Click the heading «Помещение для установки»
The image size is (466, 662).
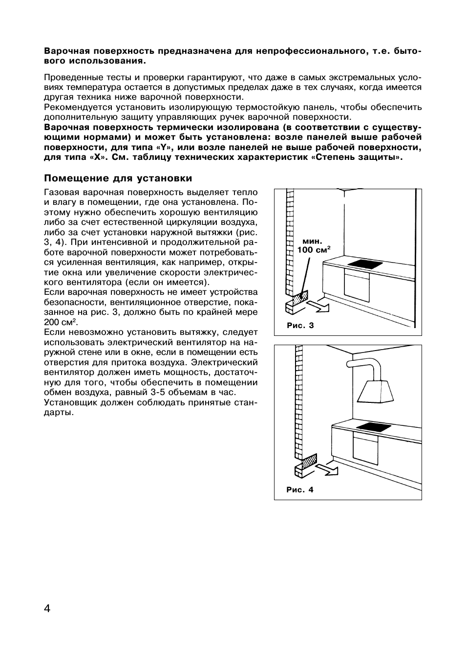coord(118,178)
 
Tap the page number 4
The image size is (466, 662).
coord(47,609)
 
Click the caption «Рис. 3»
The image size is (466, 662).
coord(300,326)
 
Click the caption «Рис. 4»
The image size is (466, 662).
coord(300,489)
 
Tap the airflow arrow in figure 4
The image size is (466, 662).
coord(327,470)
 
